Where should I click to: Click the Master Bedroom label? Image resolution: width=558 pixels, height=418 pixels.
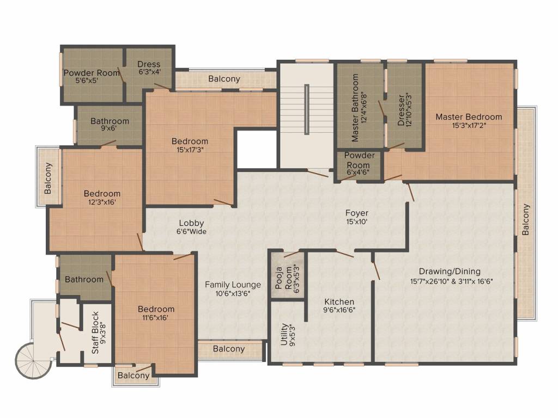click(469, 117)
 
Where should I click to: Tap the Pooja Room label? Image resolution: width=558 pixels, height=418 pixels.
click(284, 279)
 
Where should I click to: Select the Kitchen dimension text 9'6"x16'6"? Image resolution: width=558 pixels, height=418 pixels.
click(339, 311)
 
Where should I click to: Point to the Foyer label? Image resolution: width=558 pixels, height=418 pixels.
click(357, 213)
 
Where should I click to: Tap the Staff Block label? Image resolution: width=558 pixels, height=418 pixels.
click(95, 333)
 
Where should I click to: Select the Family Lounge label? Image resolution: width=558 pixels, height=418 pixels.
click(233, 285)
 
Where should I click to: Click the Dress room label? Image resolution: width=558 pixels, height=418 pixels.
click(148, 64)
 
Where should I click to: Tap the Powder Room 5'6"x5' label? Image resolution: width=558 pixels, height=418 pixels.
click(92, 73)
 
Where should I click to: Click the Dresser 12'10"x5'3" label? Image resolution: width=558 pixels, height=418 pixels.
click(401, 111)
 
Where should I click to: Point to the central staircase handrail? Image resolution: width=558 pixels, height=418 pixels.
click(307, 109)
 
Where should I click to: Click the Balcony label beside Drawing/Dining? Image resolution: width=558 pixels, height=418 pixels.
click(525, 219)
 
